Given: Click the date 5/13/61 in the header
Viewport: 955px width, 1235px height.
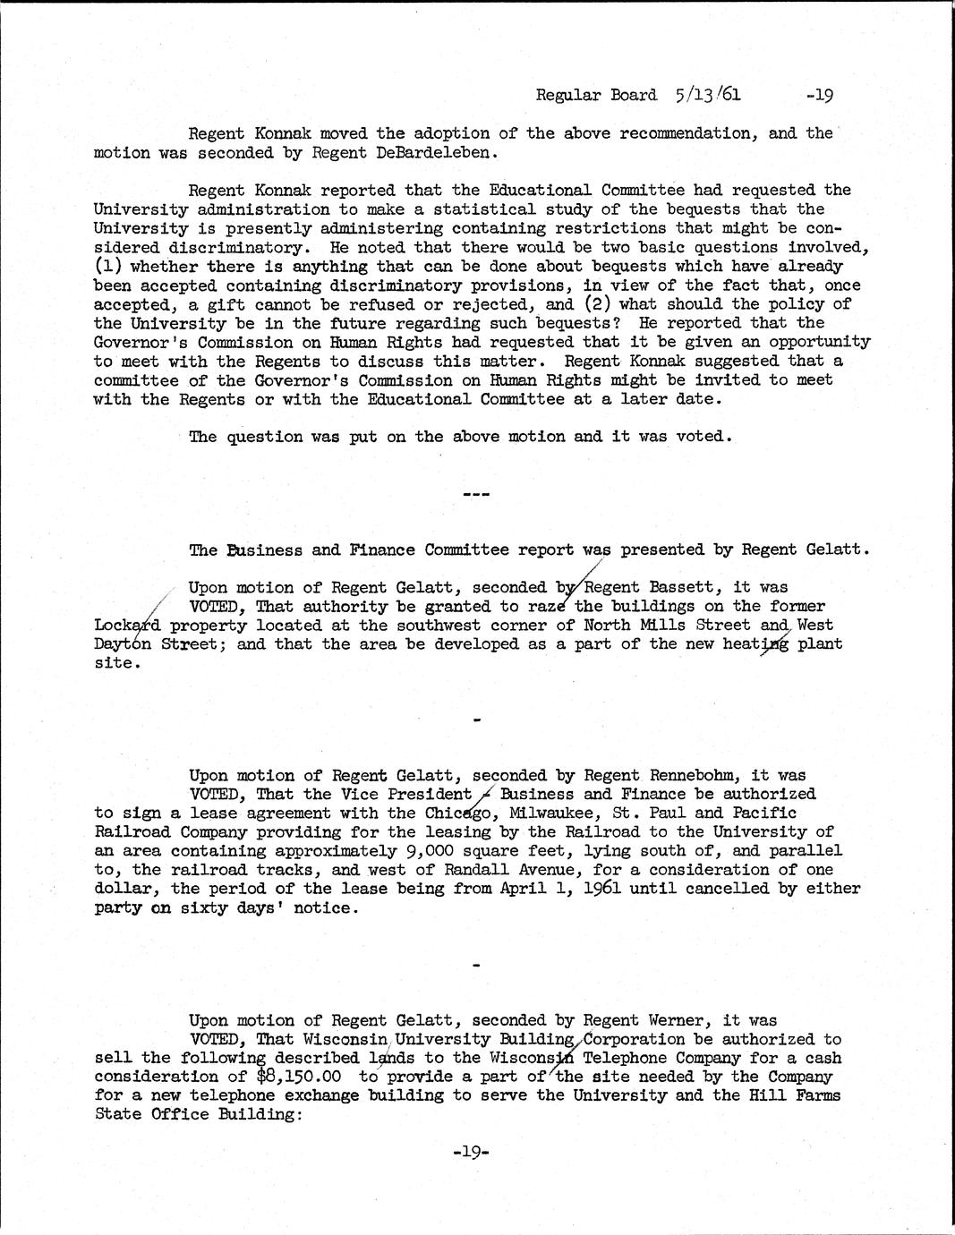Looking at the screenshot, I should click(709, 94).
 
